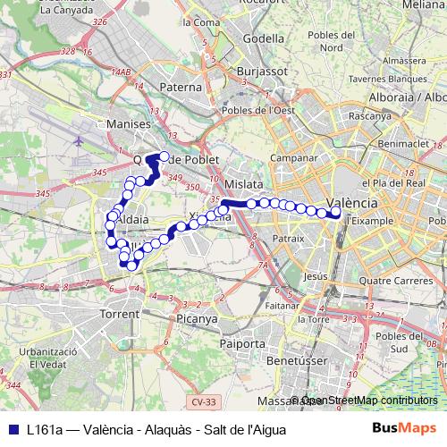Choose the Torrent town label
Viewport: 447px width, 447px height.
click(120, 314)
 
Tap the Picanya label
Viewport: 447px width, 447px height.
click(198, 317)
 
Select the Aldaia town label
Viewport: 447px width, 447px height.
click(131, 218)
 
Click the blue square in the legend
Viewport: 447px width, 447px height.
click(10, 429)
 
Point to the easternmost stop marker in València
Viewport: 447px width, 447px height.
click(335, 213)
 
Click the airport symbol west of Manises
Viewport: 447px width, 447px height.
click(80, 141)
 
